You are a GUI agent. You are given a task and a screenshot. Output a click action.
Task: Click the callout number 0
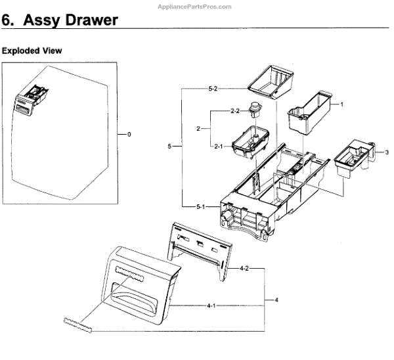[x=129, y=134]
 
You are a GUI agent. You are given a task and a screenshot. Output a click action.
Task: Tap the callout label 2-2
[x=234, y=110]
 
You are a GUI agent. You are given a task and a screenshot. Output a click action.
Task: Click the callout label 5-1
[x=202, y=206]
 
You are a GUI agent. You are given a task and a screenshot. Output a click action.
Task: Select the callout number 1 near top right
[x=341, y=104]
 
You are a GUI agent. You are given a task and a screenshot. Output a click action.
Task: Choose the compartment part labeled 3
[x=353, y=158]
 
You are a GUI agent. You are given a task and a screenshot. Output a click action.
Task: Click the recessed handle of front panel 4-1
[x=143, y=290]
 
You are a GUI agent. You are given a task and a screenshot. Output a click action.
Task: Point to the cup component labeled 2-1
[x=250, y=142]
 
